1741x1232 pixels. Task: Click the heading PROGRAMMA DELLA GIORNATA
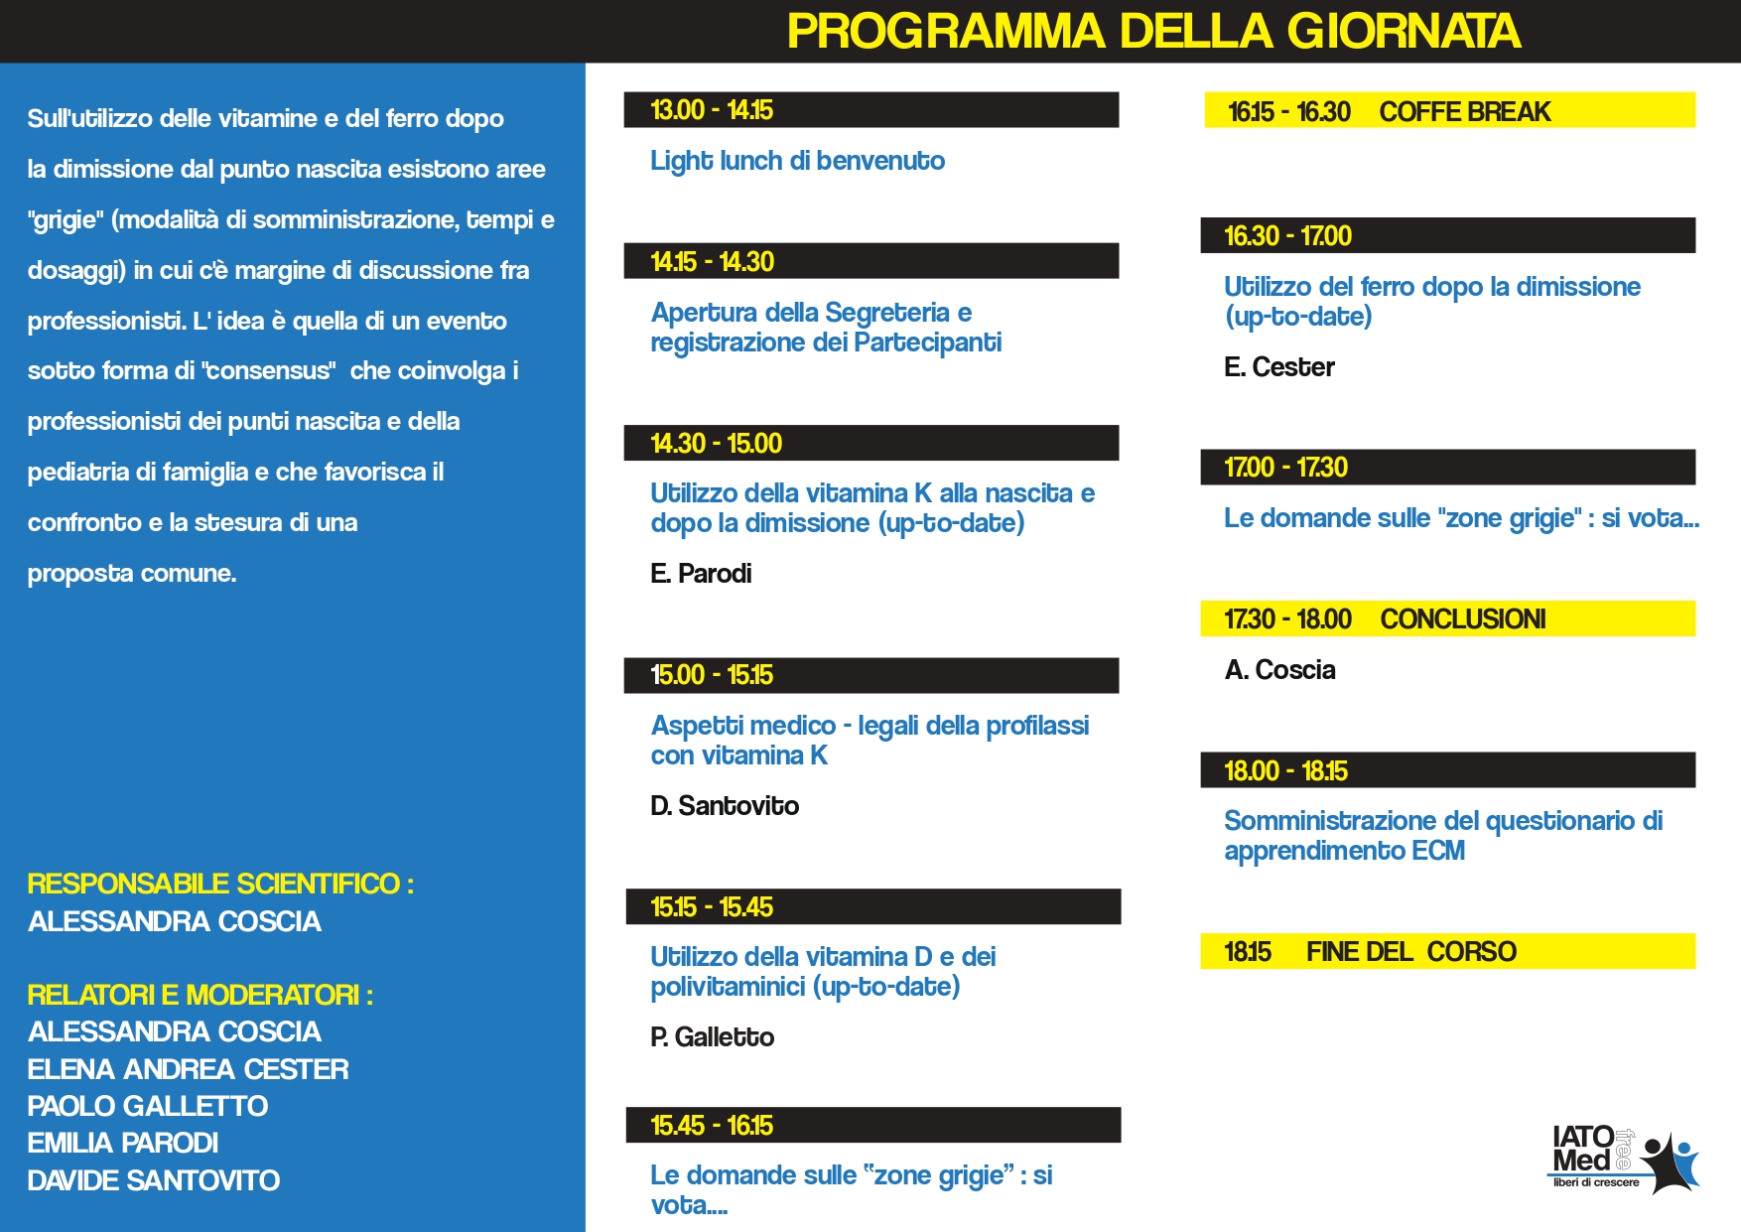coord(1153,32)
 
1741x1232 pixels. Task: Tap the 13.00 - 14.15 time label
coord(712,110)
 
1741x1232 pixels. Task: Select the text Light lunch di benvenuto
coord(797,161)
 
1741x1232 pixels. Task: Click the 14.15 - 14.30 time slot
coord(713,262)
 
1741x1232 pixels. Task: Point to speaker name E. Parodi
coord(701,574)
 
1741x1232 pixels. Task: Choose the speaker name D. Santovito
coord(725,806)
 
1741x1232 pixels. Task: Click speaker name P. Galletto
coord(713,1037)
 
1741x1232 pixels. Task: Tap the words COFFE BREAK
coord(1465,112)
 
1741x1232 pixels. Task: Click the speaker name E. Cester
coord(1279,367)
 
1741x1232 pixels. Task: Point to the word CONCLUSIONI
coord(1463,619)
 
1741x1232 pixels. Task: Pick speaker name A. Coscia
coord(1280,670)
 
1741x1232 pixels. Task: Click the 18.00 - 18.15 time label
coord(1286,771)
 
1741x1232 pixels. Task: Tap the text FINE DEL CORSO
coord(1411,952)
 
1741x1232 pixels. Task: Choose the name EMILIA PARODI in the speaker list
coord(123,1144)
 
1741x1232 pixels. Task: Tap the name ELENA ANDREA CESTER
coord(189,1070)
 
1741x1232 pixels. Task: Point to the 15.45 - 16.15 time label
coord(712,1126)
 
